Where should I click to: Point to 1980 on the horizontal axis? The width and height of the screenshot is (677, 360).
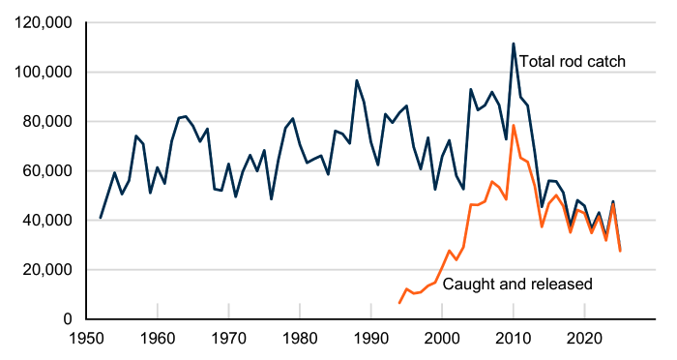(300, 340)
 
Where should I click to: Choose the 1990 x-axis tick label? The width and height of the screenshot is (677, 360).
(371, 340)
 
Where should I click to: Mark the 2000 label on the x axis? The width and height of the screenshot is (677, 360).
(442, 340)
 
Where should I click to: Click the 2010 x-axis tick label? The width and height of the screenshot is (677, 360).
(514, 340)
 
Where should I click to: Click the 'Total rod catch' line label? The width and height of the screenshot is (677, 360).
(573, 62)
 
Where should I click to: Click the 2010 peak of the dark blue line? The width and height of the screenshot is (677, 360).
(514, 44)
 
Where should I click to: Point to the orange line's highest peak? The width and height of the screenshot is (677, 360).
(514, 126)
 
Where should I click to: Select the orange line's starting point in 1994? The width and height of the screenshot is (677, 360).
(399, 303)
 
